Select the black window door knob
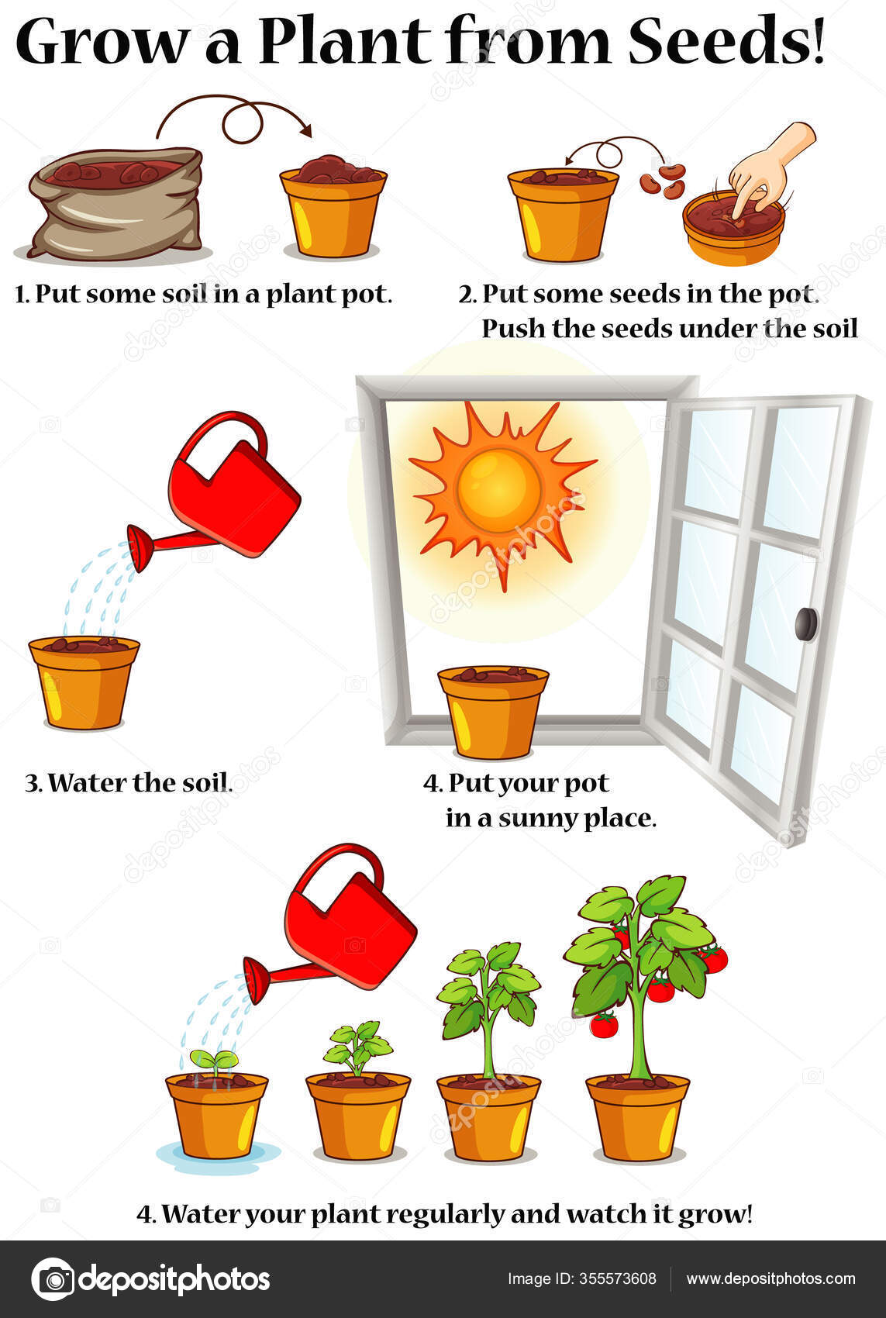(x=807, y=623)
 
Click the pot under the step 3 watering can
(x=84, y=681)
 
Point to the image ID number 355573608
(x=619, y=1279)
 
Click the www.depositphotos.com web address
(x=771, y=1279)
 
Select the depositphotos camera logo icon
(x=52, y=1279)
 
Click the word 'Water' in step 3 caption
(x=87, y=783)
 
